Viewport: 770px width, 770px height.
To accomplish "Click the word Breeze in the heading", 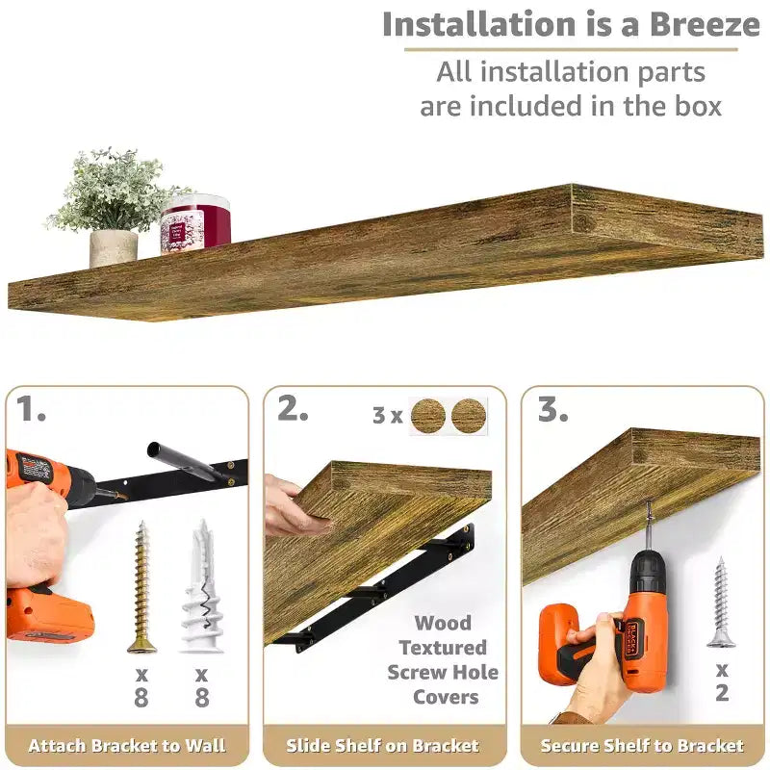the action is pyautogui.click(x=706, y=25).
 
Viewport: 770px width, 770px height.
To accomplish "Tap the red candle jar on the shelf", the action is pyautogui.click(x=195, y=224).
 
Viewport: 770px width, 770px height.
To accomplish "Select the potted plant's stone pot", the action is pyautogui.click(x=114, y=248).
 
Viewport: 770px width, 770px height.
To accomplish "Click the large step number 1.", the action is pyautogui.click(x=31, y=409).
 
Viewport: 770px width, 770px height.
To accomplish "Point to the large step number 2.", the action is pyautogui.click(x=294, y=408).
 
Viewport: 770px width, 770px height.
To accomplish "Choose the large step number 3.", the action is pyautogui.click(x=552, y=408).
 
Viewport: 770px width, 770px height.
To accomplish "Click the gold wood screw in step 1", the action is pyautogui.click(x=141, y=587).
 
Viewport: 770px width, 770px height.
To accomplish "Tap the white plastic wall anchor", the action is pyautogui.click(x=202, y=587).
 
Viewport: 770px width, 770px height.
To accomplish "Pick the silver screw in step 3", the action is pyautogui.click(x=721, y=603).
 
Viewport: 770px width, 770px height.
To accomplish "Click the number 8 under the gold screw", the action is pyautogui.click(x=141, y=697).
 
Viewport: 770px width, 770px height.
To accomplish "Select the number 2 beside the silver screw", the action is pyautogui.click(x=722, y=693).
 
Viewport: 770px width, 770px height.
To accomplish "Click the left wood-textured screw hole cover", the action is pyautogui.click(x=428, y=416).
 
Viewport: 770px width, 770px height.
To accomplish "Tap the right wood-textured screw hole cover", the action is pyautogui.click(x=469, y=416).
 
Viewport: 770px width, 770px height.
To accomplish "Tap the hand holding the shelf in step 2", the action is pyautogui.click(x=294, y=507).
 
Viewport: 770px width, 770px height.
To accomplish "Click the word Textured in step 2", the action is pyautogui.click(x=443, y=648).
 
